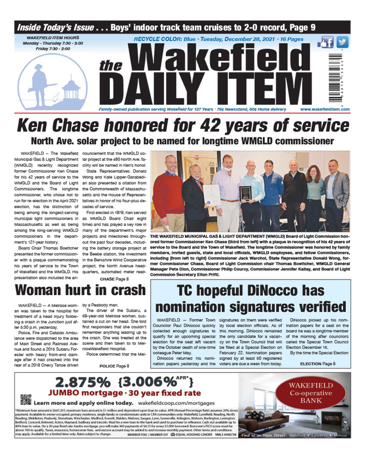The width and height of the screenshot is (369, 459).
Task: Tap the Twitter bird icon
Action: pyautogui.click(x=342, y=42)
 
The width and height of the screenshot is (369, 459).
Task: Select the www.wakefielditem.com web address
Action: pyautogui.click(x=325, y=110)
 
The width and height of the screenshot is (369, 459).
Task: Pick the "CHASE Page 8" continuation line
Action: pyautogui.click(x=114, y=279)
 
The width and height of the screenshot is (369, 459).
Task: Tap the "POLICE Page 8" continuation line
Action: pyautogui.click(x=114, y=366)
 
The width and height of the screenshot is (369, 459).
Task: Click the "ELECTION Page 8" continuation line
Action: pyautogui.click(x=318, y=364)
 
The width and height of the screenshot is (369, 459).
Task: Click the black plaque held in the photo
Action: pyautogui.click(x=245, y=194)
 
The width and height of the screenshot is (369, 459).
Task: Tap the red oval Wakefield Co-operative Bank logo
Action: pyautogui.click(x=310, y=393)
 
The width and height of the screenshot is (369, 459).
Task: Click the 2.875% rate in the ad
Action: pyautogui.click(x=83, y=382)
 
